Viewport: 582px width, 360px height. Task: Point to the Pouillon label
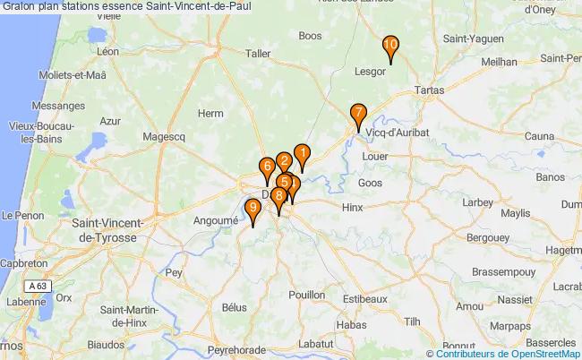click(x=307, y=294)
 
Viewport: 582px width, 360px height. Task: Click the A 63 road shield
click(x=37, y=285)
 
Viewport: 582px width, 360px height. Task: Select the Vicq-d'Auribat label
click(x=398, y=132)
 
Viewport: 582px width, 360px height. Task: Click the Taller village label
click(x=257, y=53)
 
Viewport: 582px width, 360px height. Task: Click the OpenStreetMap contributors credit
click(x=509, y=352)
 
